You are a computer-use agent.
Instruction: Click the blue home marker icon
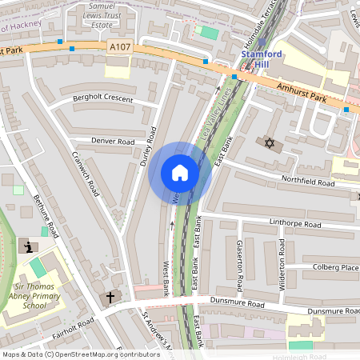pos(180,173)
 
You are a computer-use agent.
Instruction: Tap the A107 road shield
pos(118,48)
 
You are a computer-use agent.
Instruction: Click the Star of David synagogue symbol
pos(269,142)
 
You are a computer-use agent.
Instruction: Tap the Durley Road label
pos(146,146)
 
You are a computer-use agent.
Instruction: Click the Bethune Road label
pos(46,219)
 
